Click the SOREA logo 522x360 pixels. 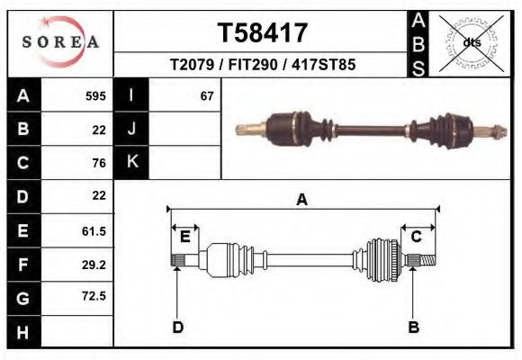[59, 42]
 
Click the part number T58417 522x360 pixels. [262, 32]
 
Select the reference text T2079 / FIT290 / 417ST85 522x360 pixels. [262, 65]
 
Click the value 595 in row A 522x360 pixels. [95, 95]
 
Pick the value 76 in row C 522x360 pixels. [99, 163]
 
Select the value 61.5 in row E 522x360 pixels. [94, 231]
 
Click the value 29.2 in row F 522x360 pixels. [94, 265]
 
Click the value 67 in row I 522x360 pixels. [206, 95]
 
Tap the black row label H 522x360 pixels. [22, 332]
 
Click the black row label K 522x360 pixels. [131, 163]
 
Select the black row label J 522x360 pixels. [131, 129]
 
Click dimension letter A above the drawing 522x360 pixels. [301, 200]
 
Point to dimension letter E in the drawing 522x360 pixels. [184, 238]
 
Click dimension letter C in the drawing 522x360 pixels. [417, 237]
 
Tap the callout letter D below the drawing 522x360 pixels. [177, 327]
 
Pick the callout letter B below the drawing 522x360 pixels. [413, 327]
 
